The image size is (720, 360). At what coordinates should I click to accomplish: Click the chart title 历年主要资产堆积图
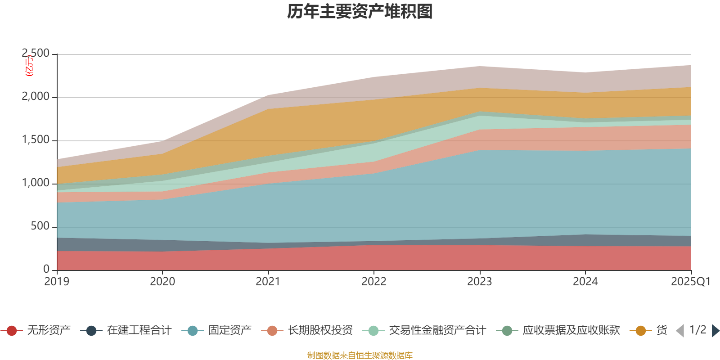pyautogui.click(x=360, y=12)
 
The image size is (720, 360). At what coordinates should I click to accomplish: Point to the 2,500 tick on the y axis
pyautogui.click(x=36, y=54)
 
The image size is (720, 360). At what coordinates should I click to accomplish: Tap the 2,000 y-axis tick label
pyautogui.click(x=36, y=97)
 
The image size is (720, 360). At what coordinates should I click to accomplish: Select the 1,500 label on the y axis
pyautogui.click(x=36, y=140)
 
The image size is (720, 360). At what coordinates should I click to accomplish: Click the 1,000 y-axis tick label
pyautogui.click(x=36, y=183)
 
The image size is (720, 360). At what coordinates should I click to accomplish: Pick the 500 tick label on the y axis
pyautogui.click(x=40, y=226)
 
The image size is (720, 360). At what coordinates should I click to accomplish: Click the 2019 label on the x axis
pyautogui.click(x=57, y=282)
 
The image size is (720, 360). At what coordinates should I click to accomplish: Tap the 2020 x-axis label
pyautogui.click(x=162, y=282)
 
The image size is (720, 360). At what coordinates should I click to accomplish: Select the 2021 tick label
pyautogui.click(x=268, y=282)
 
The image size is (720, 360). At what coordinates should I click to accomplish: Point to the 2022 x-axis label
pyautogui.click(x=374, y=282)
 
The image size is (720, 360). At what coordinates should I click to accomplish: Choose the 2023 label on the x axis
pyautogui.click(x=480, y=282)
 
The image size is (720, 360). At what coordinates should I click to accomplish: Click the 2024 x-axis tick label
pyautogui.click(x=585, y=282)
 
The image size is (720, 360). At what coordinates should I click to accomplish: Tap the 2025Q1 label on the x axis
pyautogui.click(x=690, y=282)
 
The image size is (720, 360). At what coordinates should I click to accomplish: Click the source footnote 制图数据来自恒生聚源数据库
pyautogui.click(x=360, y=355)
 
